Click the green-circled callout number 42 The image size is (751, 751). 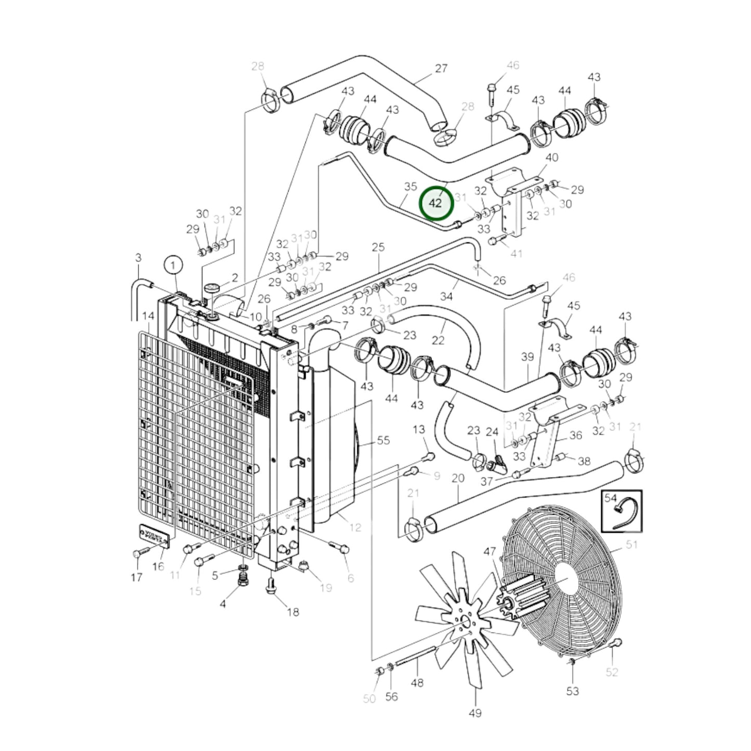(x=437, y=203)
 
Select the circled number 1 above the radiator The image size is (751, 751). (x=173, y=265)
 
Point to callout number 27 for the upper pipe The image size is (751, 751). (x=441, y=69)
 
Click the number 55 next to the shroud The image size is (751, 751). (x=383, y=440)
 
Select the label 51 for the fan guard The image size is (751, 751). (x=631, y=545)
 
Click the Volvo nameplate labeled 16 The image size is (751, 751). (x=154, y=536)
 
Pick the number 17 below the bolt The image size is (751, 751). (x=136, y=577)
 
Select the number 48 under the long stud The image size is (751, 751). (x=417, y=682)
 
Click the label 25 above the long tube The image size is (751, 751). (x=378, y=247)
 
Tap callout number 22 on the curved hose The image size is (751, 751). (x=438, y=340)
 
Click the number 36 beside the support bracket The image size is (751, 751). (x=575, y=435)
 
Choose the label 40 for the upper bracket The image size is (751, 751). (x=551, y=157)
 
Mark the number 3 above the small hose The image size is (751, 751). (x=138, y=258)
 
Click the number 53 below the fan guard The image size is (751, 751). (x=572, y=691)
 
